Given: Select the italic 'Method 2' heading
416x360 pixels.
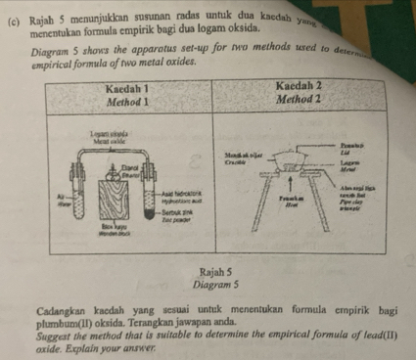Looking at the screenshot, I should coord(301,100).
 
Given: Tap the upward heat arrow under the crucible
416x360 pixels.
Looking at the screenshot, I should coord(294,185).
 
